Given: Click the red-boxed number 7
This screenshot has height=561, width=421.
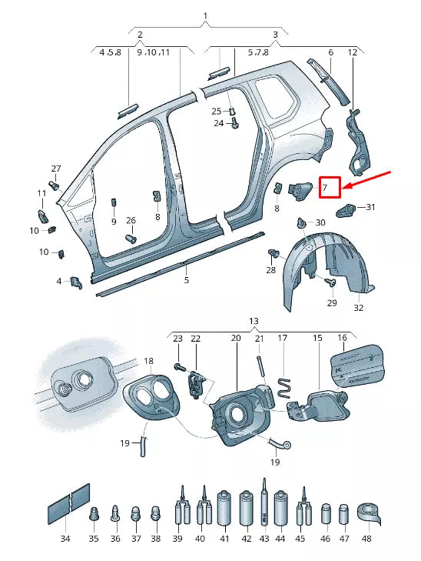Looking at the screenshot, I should coord(330,186).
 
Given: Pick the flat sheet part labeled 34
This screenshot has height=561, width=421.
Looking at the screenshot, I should coord(69,504).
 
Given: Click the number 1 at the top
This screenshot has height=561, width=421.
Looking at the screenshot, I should coord(206,16).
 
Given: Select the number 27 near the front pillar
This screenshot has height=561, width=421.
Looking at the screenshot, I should coord(55,169).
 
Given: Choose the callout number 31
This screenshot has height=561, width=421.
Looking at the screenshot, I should coord(371,207).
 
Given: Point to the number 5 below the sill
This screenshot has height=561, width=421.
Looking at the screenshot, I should coord(186,280).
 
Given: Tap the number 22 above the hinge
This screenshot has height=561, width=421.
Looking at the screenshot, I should coord(195,339).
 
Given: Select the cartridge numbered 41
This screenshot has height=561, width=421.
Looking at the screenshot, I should coord(225,509).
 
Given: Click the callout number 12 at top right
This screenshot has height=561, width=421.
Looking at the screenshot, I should coord(353,52).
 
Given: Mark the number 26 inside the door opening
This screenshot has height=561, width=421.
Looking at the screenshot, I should coord(131,221).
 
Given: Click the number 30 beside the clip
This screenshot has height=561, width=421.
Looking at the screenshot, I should coord(320,222).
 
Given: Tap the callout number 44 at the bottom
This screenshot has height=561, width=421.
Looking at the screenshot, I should coord(280,539).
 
